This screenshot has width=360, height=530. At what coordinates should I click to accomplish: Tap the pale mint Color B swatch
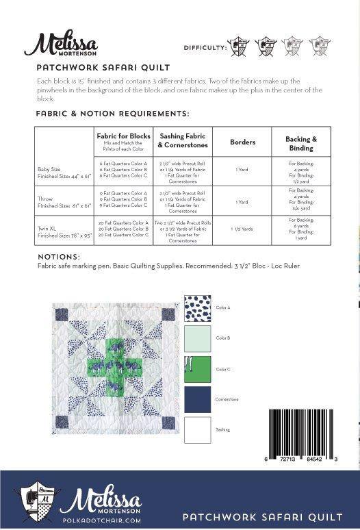(x=198, y=338)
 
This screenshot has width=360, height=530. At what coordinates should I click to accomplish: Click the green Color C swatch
(x=198, y=369)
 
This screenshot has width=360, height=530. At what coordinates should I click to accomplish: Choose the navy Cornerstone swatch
(x=198, y=400)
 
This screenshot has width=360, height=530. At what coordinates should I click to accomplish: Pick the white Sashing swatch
(x=198, y=429)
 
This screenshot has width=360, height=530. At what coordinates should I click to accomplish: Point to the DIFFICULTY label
(x=205, y=48)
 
